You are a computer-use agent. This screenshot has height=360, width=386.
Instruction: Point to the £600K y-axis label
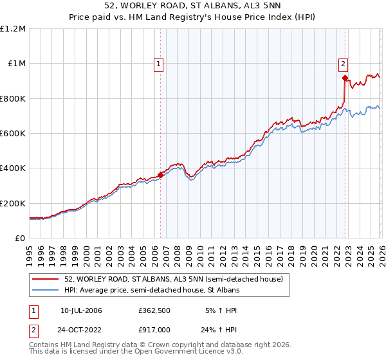(13, 134)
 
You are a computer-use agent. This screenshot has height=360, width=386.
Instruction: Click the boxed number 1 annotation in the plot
(158, 64)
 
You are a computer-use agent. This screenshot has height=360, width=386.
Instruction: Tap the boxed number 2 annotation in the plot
(344, 64)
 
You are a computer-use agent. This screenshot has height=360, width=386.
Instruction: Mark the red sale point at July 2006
(160, 175)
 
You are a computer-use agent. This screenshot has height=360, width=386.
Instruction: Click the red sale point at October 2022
(345, 78)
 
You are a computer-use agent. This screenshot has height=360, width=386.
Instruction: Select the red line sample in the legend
(46, 279)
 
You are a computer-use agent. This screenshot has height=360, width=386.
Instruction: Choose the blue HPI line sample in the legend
(46, 291)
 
